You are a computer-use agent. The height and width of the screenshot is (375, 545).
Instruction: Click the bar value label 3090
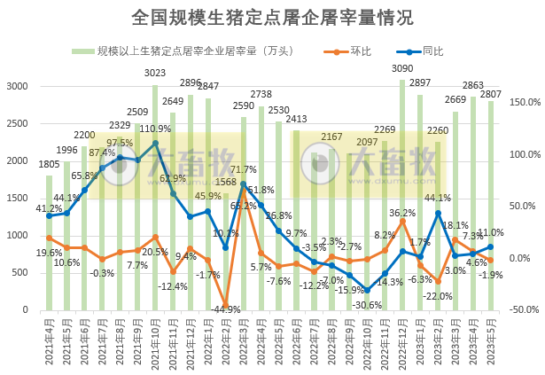[403, 68]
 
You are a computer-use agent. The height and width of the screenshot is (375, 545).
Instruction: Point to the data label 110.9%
[156, 129]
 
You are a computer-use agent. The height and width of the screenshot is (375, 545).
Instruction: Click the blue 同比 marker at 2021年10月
[155, 143]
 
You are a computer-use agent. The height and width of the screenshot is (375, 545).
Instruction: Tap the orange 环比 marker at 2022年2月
[226, 305]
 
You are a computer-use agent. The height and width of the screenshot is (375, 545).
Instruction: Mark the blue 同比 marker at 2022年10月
[367, 291]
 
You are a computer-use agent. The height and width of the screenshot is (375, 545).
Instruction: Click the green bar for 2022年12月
[402, 195]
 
